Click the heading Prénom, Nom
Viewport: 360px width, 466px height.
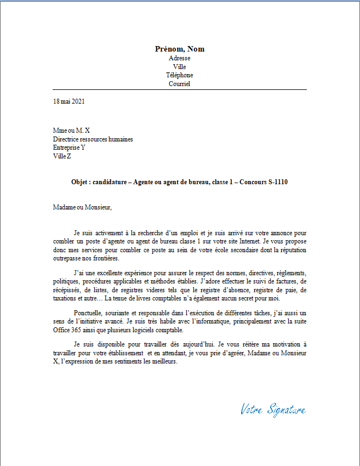tap(180, 49)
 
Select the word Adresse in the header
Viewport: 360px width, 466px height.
tap(180, 58)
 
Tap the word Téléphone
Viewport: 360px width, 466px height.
tap(180, 75)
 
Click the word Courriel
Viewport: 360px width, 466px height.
tap(180, 84)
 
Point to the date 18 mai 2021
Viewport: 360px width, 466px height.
tap(69, 101)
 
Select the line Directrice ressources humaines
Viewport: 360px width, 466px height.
tap(93, 139)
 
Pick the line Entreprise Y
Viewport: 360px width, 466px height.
tap(70, 147)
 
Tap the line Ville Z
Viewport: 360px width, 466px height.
tap(62, 156)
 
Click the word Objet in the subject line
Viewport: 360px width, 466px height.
tap(80, 182)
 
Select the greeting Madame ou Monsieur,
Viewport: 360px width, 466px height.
tap(82, 207)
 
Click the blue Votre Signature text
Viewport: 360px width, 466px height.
tap(273, 409)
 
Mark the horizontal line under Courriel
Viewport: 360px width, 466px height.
tap(180, 90)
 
